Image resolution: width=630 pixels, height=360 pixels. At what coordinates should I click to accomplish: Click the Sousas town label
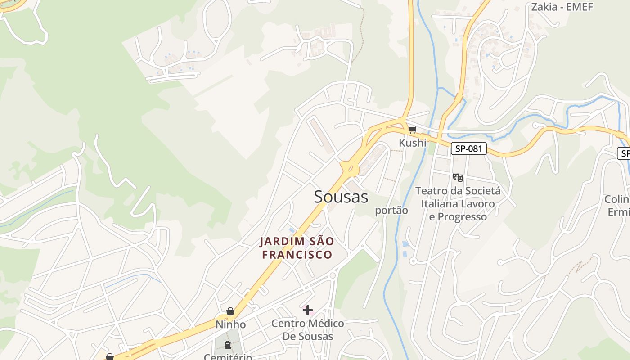341,197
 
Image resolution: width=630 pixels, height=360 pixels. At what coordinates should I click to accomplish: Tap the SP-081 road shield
469,148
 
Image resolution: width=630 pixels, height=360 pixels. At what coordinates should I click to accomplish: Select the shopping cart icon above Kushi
412,130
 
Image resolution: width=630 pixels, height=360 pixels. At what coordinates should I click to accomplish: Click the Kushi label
412,143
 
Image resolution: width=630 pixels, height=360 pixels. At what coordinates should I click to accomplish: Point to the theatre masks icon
458,177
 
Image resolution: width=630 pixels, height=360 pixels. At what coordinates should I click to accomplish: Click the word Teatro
432,191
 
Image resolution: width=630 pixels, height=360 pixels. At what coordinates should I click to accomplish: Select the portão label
391,210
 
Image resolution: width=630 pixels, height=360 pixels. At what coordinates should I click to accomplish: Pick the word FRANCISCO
297,255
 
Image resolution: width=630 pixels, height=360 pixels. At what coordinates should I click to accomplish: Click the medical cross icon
308,310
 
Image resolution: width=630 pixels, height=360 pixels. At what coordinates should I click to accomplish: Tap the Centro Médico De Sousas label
308,329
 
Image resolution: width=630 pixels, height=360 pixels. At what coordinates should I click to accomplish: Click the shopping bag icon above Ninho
230,311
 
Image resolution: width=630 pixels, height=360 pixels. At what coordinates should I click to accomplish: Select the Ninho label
230,324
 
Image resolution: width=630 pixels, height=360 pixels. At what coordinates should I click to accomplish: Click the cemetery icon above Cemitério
227,345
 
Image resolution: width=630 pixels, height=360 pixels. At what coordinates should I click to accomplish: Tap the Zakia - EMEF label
562,6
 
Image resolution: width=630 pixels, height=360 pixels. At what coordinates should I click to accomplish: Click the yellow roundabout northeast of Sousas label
350,169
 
